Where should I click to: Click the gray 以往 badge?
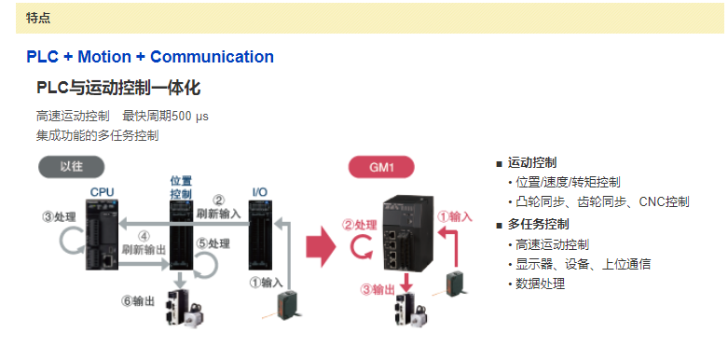[71, 167]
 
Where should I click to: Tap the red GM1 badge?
[381, 167]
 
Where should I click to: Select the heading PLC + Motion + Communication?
[150, 57]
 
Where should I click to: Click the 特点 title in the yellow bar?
[38, 18]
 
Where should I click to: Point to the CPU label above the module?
[102, 192]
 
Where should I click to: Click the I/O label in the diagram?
[259, 192]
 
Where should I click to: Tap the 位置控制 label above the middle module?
[181, 187]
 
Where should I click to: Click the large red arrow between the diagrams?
[321, 245]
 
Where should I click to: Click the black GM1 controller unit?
[409, 233]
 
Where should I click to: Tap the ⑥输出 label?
[138, 301]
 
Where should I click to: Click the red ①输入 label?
[456, 216]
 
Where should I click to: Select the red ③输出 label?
[378, 290]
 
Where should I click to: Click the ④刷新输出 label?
[144, 242]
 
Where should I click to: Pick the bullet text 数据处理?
[540, 284]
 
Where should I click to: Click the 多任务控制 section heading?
[538, 225]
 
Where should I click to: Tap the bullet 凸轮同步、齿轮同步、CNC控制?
[602, 202]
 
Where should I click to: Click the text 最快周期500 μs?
[165, 117]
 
